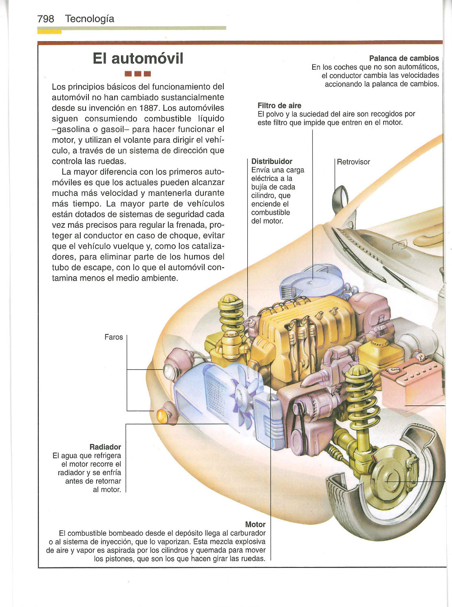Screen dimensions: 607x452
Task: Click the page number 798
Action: click(46, 19)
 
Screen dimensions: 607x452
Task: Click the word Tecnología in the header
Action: click(90, 19)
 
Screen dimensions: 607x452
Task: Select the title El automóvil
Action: click(138, 58)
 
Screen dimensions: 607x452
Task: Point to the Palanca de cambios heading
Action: click(404, 58)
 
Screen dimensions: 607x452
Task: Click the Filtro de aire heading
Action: click(279, 106)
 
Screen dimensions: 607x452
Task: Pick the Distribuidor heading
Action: click(272, 161)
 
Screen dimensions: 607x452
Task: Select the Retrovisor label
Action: click(353, 162)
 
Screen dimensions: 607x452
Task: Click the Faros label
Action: click(114, 337)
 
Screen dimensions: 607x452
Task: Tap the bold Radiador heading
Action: click(105, 447)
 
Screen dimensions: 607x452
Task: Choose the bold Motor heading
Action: click(255, 524)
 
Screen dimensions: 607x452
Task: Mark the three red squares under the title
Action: click(138, 74)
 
